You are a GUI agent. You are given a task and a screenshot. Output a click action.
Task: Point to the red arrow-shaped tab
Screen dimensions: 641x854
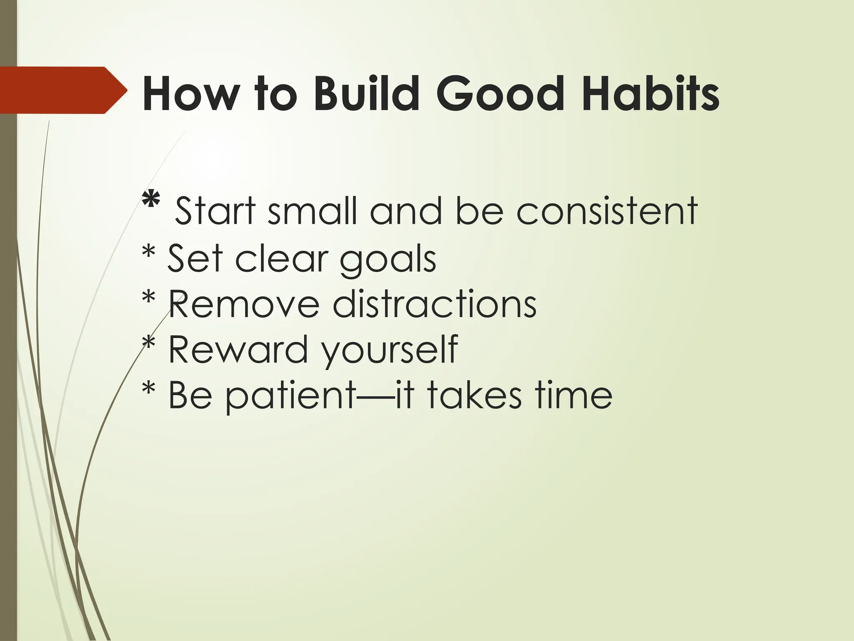click(63, 90)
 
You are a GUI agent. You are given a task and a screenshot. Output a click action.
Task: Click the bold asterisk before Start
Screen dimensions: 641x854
click(151, 201)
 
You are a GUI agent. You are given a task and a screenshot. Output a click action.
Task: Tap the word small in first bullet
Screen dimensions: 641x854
click(312, 211)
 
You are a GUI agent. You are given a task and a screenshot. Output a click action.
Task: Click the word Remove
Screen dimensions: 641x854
click(244, 305)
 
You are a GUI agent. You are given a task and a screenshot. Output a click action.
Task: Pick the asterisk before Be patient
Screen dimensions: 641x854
click(149, 390)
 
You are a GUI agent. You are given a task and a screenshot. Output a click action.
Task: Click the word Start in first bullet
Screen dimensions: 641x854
click(215, 211)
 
